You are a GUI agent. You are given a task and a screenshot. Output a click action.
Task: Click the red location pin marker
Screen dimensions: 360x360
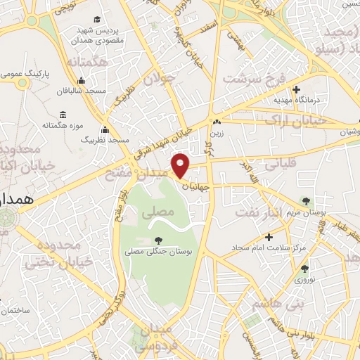181,165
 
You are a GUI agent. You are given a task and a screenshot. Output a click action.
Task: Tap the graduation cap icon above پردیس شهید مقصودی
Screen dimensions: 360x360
96,20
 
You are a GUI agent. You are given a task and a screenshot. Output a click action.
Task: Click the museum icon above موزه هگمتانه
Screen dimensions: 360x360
63,115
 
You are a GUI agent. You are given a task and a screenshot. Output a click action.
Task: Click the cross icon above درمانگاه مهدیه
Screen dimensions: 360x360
297,90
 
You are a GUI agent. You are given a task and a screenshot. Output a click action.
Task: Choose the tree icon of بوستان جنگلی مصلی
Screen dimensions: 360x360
156,240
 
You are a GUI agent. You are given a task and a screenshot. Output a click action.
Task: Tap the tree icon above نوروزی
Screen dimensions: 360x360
304,268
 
